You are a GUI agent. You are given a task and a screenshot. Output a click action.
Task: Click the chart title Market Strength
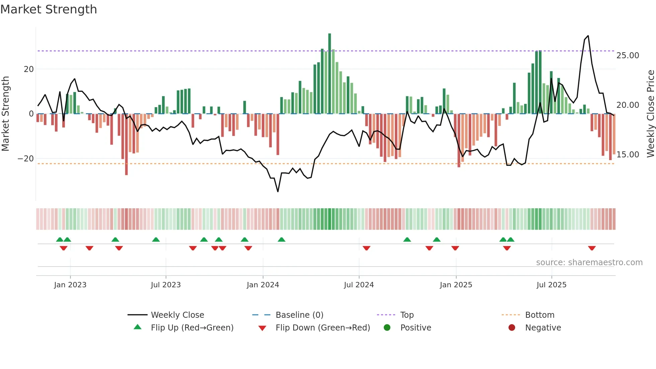[49, 9]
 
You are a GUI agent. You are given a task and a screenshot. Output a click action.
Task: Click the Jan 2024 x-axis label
[263, 285]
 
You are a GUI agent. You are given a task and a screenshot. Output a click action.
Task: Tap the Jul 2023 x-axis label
[166, 285]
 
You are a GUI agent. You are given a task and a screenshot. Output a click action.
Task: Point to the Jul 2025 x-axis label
[551, 285]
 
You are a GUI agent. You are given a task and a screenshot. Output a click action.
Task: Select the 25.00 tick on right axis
[628, 56]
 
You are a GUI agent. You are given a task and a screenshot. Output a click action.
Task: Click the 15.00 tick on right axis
[628, 155]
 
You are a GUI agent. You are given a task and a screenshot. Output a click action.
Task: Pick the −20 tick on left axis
[26, 159]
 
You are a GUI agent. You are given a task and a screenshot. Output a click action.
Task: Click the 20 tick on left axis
[29, 69]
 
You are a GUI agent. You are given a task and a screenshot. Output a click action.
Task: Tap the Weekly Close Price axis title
[650, 114]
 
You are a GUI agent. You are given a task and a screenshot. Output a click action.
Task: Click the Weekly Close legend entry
[177, 315]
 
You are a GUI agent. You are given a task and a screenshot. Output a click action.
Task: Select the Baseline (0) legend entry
[299, 315]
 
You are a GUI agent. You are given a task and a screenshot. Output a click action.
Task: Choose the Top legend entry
[407, 315]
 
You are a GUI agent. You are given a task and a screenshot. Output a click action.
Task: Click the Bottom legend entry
[540, 315]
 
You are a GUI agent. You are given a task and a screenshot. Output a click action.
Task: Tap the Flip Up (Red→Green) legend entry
[192, 328]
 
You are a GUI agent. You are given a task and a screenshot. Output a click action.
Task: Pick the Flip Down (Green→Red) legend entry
[323, 328]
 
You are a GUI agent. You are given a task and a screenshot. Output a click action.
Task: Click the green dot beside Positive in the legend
[387, 328]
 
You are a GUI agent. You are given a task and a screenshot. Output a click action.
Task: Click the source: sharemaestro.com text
[589, 263]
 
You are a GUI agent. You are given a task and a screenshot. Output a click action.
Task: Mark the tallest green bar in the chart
[330, 74]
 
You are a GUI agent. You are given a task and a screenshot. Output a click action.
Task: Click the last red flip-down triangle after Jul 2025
[592, 248]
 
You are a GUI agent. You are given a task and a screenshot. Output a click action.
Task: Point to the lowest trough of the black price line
[278, 191]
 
